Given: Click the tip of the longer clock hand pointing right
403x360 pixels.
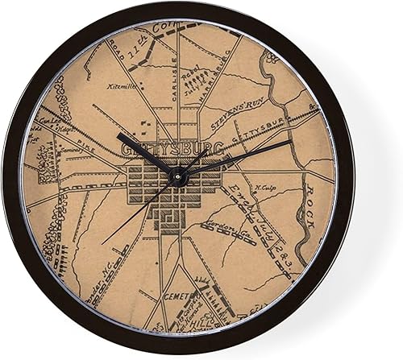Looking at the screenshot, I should click(291, 142).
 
